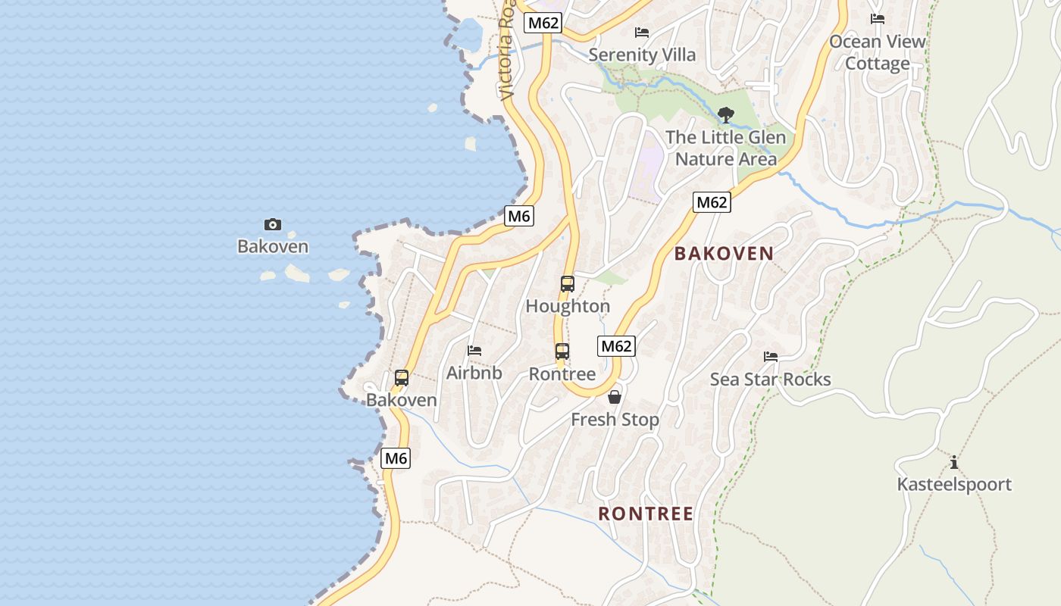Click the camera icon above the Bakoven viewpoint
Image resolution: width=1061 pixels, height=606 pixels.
point(273,224)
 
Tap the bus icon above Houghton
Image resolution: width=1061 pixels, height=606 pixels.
point(568,284)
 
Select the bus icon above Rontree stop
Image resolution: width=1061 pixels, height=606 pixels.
point(562,351)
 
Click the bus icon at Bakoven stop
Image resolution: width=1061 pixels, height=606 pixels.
point(402,377)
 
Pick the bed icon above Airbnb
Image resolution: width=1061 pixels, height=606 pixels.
point(474,351)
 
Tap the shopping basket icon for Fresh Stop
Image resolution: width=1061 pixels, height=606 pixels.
point(615,397)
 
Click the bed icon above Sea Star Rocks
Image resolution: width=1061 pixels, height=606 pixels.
point(771,357)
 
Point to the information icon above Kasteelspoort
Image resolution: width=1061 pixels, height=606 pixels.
point(954,462)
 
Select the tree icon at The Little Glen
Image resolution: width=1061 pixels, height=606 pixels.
point(726,115)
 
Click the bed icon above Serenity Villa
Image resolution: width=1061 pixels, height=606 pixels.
point(642,33)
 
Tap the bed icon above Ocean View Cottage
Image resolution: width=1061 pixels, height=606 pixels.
point(878,19)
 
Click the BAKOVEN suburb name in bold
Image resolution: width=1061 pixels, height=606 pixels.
point(724,254)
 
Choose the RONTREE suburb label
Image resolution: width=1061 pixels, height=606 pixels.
point(646,514)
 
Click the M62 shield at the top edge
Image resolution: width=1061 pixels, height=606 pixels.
point(543,23)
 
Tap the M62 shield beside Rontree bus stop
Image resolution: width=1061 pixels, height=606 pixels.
point(616,346)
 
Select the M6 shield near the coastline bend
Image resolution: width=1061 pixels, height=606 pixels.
point(519,216)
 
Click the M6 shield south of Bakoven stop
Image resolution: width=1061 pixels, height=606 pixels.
point(396,458)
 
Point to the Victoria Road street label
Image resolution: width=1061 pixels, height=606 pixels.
point(507,53)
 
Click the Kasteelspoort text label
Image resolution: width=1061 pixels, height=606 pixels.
point(954,484)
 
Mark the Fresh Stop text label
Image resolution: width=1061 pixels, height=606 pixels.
point(615,420)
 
